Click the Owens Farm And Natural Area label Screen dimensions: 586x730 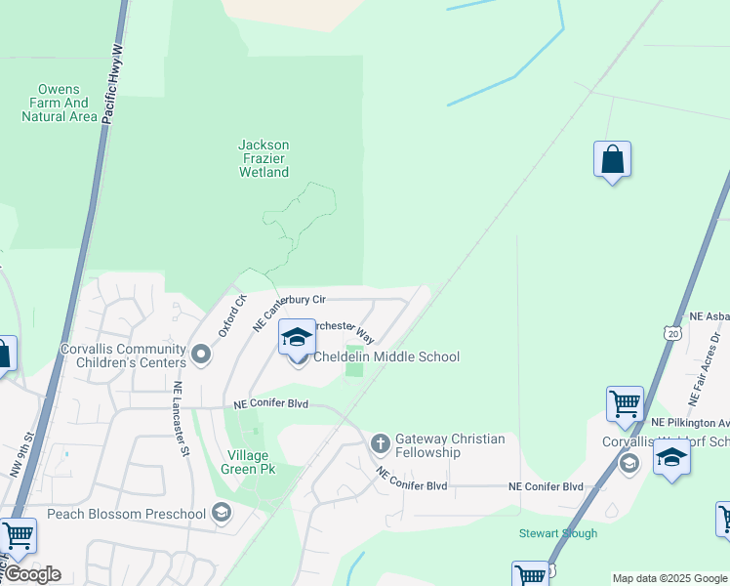[60, 103]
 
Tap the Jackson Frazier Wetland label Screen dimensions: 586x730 [264, 158]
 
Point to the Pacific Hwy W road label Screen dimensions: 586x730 [114, 82]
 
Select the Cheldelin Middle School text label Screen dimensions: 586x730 [385, 357]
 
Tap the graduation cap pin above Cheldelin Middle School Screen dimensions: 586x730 [297, 338]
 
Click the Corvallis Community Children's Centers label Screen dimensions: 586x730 [123, 356]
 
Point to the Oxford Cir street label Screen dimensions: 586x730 [233, 314]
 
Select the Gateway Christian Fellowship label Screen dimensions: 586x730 [450, 445]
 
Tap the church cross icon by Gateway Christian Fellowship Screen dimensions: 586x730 [381, 444]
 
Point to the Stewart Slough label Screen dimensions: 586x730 [557, 533]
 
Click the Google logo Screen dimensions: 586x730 [32, 574]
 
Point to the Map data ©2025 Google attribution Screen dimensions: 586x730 [669, 578]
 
